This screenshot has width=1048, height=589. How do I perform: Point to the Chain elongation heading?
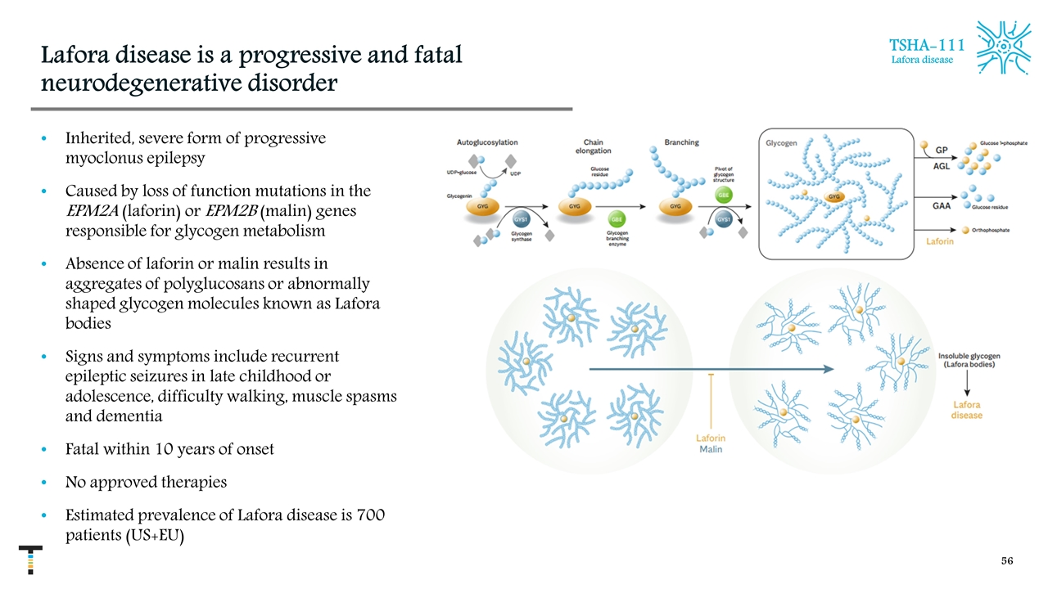pyautogui.click(x=593, y=146)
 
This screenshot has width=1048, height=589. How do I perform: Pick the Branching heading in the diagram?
pyautogui.click(x=681, y=142)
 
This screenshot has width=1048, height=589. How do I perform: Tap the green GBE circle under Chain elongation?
pyautogui.click(x=616, y=219)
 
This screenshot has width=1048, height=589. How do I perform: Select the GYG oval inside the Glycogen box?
pyautogui.click(x=834, y=197)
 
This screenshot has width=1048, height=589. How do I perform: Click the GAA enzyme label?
pyautogui.click(x=942, y=205)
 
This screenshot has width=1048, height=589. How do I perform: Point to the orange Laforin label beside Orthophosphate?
pyautogui.click(x=940, y=242)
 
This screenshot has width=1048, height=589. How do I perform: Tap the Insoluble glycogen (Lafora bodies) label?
pyautogui.click(x=968, y=360)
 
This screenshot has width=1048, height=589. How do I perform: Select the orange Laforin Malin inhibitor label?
pyautogui.click(x=710, y=443)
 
